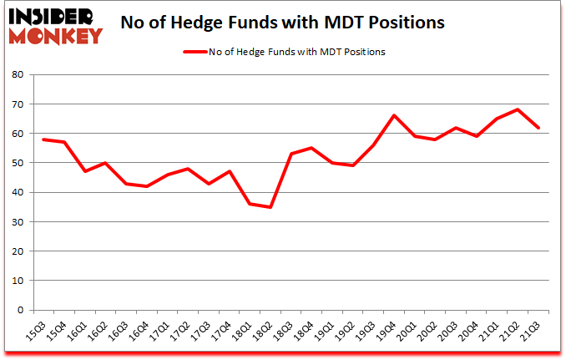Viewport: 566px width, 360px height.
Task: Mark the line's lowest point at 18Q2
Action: pyautogui.click(x=269, y=207)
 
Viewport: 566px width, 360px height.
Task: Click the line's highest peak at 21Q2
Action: pyautogui.click(x=518, y=109)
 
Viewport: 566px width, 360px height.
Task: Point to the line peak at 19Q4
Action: pyautogui.click(x=393, y=115)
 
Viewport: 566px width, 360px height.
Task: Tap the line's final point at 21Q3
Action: pyautogui.click(x=539, y=128)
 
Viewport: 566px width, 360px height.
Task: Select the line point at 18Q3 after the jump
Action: pyautogui.click(x=290, y=154)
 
